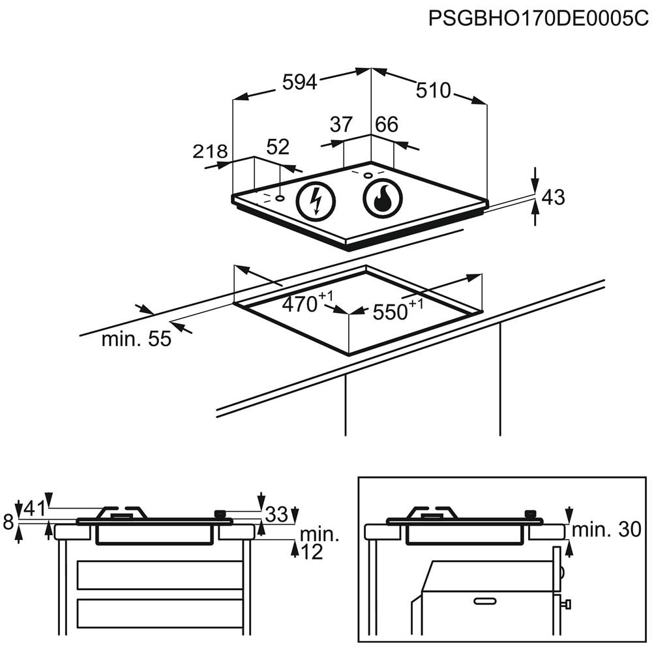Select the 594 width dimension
300,82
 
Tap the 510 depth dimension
434,91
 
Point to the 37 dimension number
341,125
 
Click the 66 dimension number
387,125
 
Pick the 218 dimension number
210,151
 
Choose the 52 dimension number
278,147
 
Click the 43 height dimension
554,197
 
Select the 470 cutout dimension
308,303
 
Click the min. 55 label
136,339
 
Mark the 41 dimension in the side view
35,509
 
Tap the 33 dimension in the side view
276,514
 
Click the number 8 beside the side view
8,522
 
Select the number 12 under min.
312,552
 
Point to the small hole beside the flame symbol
368,175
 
